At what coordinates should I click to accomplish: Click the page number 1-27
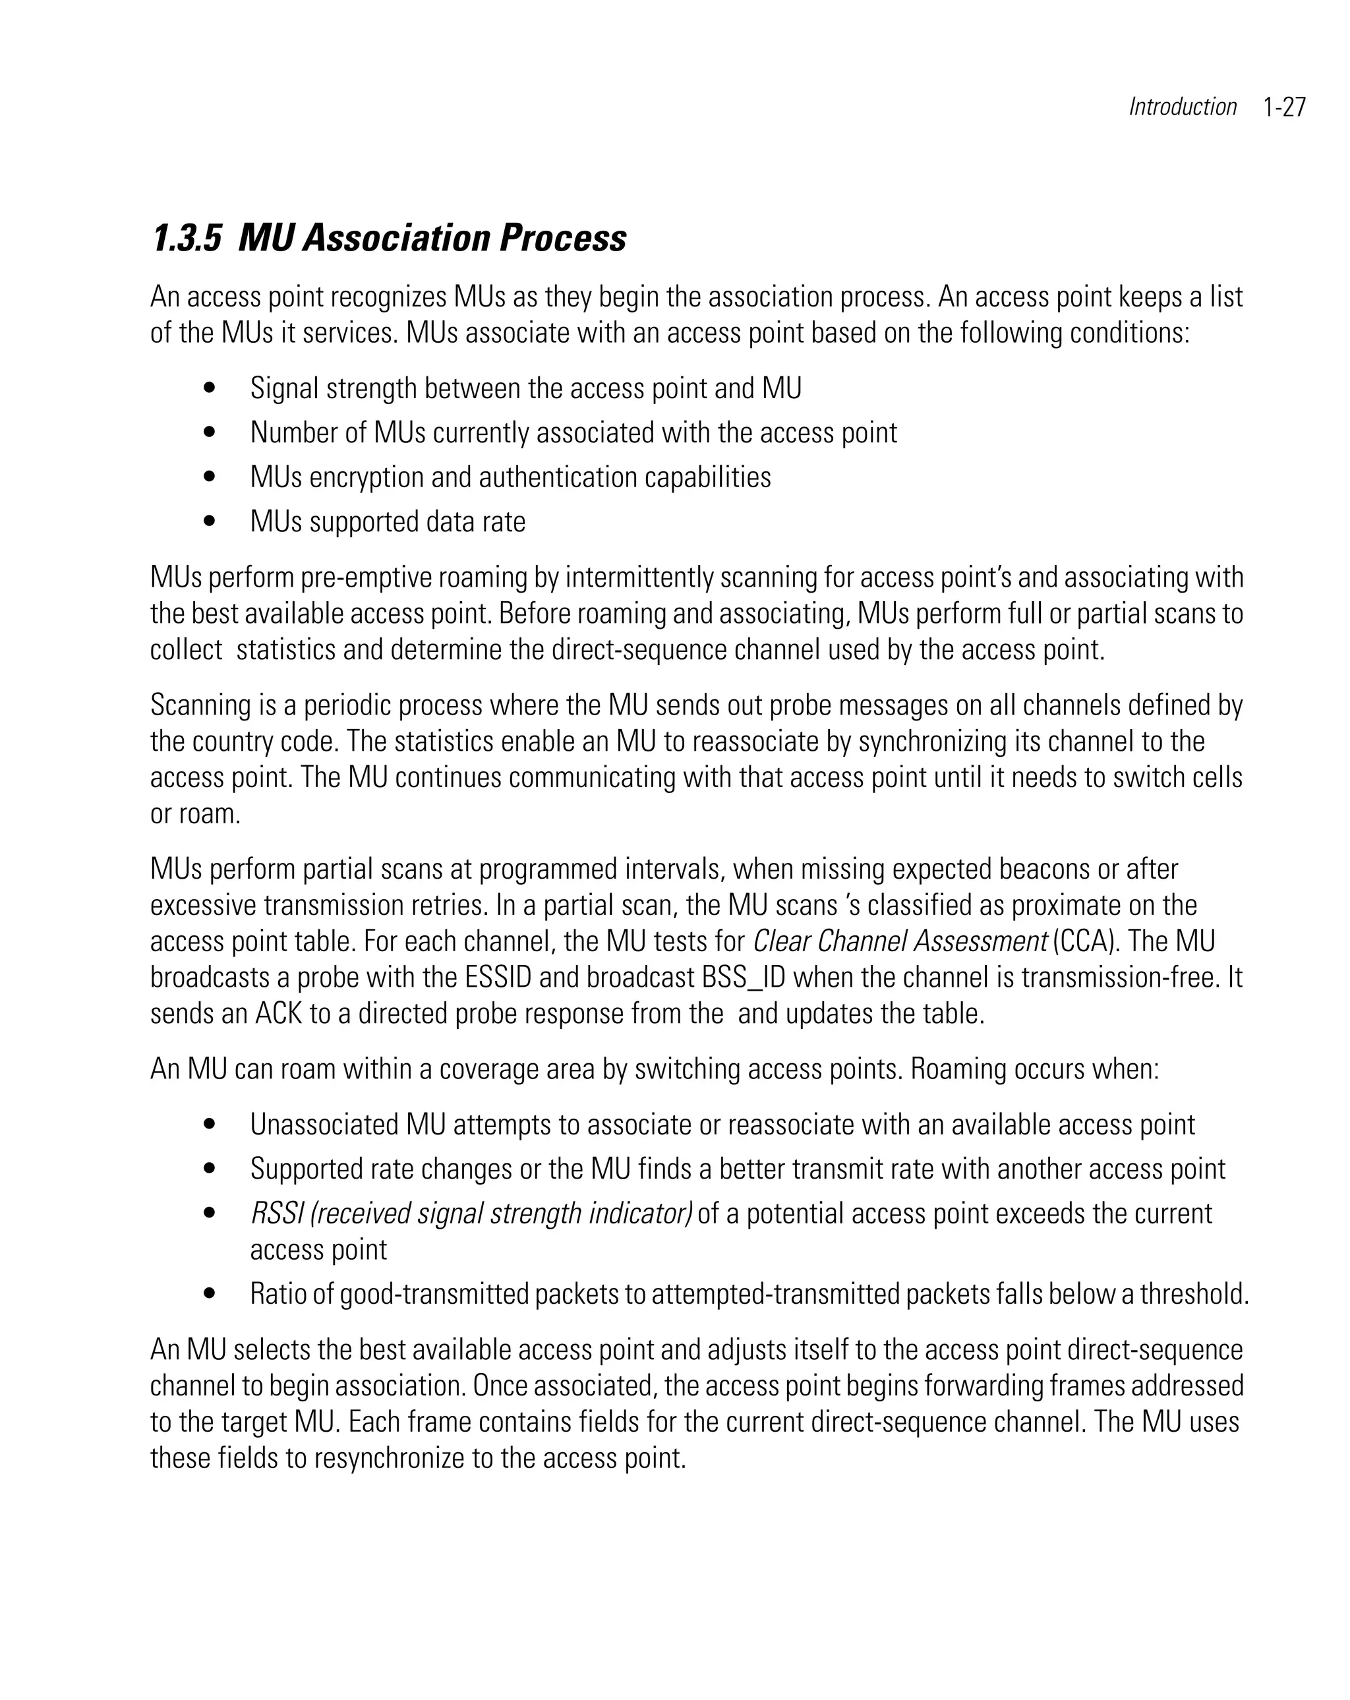(x=1284, y=107)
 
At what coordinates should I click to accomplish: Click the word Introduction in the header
(x=1182, y=107)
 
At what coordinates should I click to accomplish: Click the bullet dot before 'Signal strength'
(x=209, y=388)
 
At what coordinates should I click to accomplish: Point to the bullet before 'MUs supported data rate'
(x=209, y=521)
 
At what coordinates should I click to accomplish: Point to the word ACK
(x=278, y=1014)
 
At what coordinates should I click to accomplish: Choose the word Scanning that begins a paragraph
(x=200, y=705)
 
